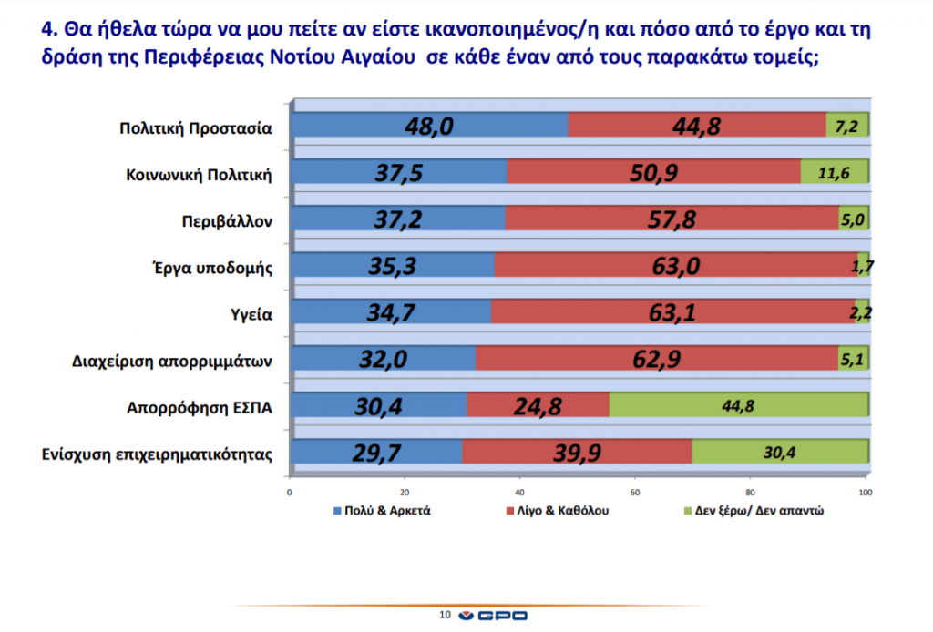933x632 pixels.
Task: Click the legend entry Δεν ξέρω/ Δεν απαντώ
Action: [768, 511]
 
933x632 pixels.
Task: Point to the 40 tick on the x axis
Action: [520, 493]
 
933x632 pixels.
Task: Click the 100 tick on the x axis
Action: [866, 493]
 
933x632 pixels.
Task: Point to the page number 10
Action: [446, 616]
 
